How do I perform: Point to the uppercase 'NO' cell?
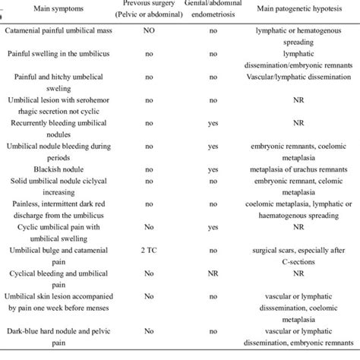[x=150, y=33]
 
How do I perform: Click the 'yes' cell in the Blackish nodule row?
[x=212, y=168]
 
